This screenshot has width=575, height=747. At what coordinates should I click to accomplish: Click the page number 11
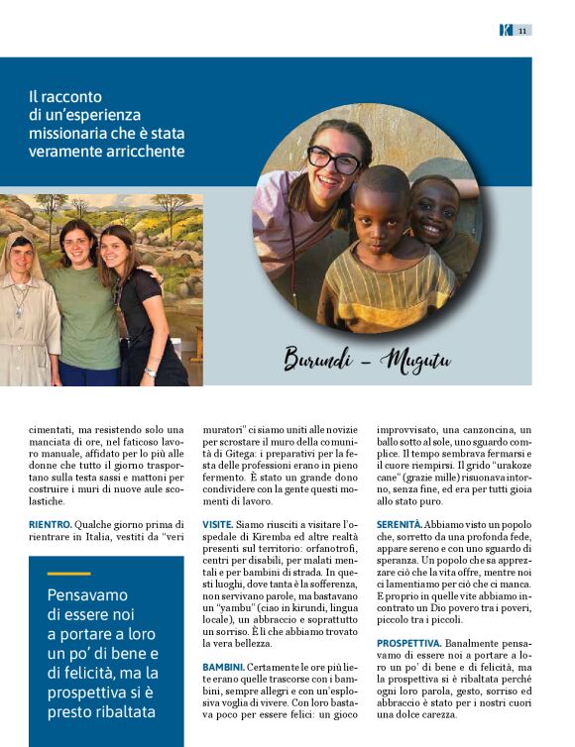click(x=521, y=31)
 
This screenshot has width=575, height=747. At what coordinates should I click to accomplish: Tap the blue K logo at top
click(x=506, y=31)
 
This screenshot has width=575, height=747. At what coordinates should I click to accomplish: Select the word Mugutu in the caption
click(x=415, y=361)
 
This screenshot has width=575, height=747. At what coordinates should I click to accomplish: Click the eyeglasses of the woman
click(x=333, y=160)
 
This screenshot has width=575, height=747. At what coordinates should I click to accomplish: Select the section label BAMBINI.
click(x=223, y=667)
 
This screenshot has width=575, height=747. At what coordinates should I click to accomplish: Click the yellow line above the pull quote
click(x=68, y=574)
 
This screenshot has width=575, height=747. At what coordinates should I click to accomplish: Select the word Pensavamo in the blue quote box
click(x=87, y=594)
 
